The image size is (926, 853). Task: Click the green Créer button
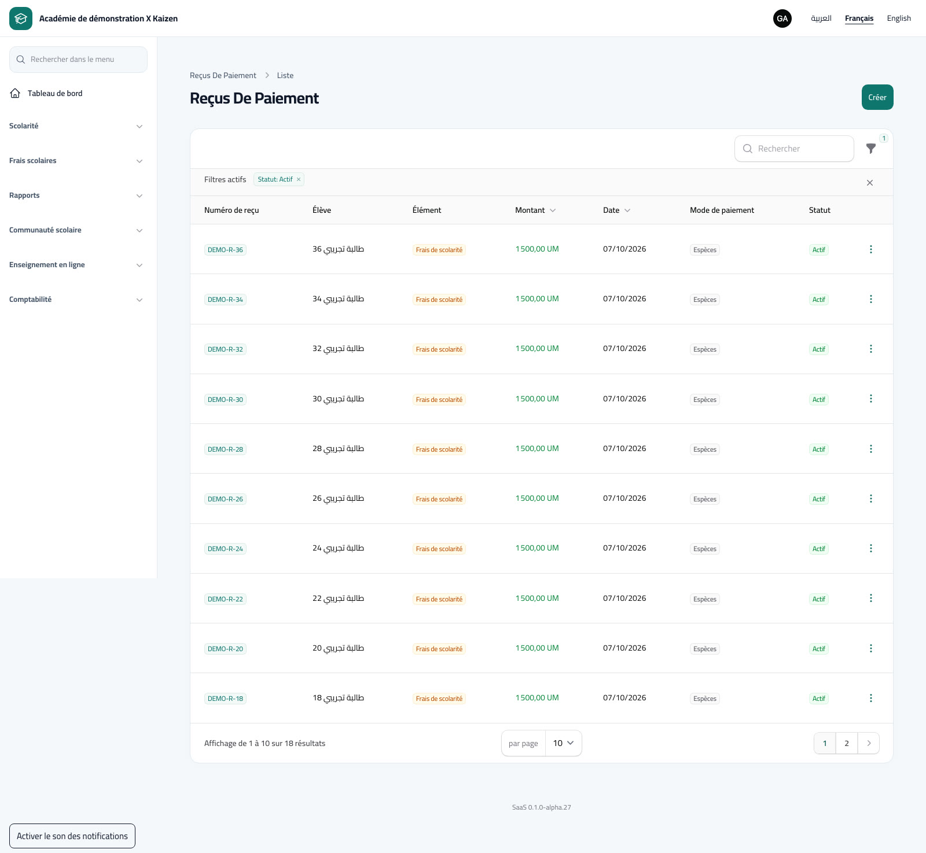coord(877,97)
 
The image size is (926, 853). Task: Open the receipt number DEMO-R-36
coord(225,250)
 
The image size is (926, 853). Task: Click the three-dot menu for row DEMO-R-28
coord(870,449)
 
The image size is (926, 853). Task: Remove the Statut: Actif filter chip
coord(299,179)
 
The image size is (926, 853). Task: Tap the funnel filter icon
coord(870,149)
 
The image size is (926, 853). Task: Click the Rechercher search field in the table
coord(794,149)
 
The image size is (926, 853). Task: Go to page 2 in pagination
coord(847,743)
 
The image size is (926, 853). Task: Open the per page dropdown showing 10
coord(563,743)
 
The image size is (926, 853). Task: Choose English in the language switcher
coord(899,19)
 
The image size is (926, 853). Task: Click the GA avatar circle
coord(782,19)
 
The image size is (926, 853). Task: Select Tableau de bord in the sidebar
coord(55,93)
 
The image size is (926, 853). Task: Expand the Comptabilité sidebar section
coord(76,300)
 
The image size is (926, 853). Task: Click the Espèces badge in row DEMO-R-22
coord(705,599)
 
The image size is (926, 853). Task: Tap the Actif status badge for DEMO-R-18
coord(818,699)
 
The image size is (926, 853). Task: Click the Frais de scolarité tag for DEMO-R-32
coord(439,349)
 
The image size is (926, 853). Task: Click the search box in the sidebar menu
coord(78,60)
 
